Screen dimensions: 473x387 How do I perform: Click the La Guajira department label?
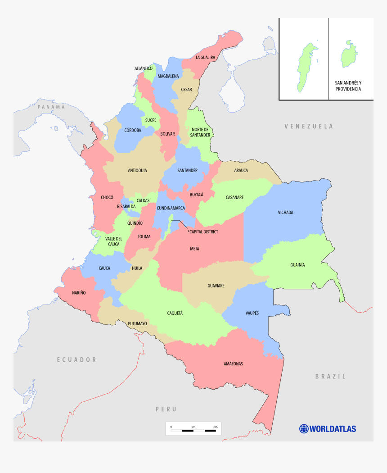click(205, 58)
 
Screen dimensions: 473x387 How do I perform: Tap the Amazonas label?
click(233, 364)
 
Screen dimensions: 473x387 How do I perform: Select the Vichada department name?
click(285, 212)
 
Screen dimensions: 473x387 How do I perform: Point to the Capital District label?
click(203, 232)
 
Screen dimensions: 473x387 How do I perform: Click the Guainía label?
click(297, 265)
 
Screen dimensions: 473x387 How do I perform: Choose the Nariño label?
click(79, 293)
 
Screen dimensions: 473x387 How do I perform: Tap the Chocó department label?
click(107, 197)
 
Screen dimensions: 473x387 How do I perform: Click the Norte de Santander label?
click(200, 132)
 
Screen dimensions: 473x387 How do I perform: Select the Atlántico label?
click(143, 68)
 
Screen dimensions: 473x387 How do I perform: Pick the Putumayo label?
click(137, 323)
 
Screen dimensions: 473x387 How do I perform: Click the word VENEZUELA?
click(309, 126)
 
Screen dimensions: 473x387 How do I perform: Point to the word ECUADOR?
click(76, 359)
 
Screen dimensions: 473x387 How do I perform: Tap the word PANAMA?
click(51, 107)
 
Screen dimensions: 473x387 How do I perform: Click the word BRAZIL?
click(330, 376)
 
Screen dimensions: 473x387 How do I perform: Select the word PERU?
click(166, 409)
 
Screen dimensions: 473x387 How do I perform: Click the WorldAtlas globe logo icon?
click(304, 428)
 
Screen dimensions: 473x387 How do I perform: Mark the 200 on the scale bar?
click(216, 427)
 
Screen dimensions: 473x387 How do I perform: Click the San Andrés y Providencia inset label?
click(348, 86)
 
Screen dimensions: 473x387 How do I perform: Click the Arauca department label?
click(241, 170)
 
